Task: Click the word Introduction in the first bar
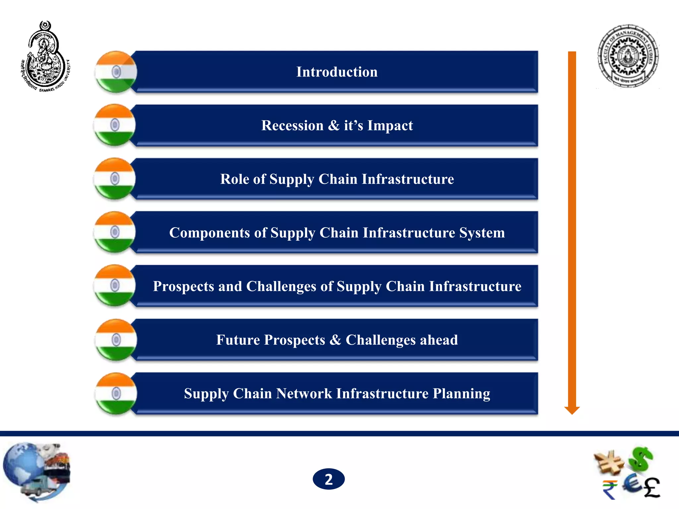point(337,72)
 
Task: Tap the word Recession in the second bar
point(292,126)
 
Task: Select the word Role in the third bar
point(234,179)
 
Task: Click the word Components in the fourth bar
point(210,233)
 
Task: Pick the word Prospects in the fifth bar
point(183,286)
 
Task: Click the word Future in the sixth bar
point(238,340)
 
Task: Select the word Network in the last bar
point(304,394)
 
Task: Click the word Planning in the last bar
point(461,394)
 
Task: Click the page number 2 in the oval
point(329,479)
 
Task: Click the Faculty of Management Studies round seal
point(628,56)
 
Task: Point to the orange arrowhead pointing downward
point(572,410)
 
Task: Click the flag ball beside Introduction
point(116,72)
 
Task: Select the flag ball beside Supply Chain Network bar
point(116,394)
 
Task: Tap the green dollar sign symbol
point(641,459)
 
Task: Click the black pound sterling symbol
point(652,487)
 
